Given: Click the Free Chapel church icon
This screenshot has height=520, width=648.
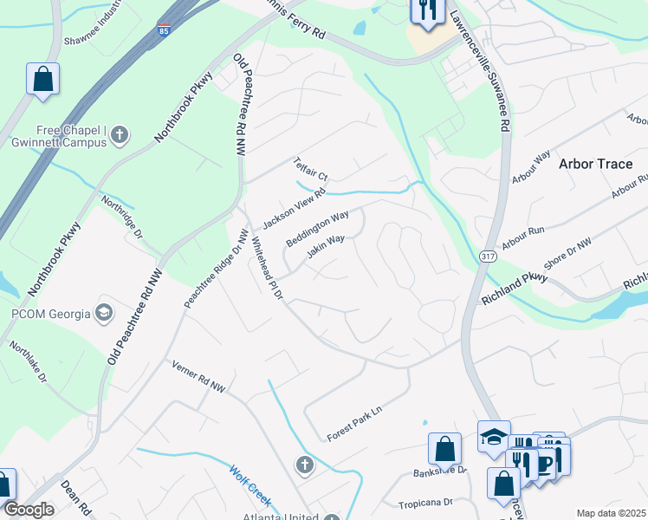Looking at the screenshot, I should point(120,134).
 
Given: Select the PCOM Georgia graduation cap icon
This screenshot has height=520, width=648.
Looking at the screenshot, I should point(104,311).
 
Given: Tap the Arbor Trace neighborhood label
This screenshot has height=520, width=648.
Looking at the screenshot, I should point(596,163).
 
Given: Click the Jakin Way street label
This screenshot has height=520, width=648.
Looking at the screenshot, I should point(326,247).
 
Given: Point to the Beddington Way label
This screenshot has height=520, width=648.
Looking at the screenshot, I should point(318,225).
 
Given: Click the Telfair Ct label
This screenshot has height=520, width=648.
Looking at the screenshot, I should point(310,169).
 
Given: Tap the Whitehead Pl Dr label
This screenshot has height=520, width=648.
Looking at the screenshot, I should point(266,269).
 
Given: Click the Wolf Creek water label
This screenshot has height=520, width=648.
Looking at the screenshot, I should point(250,486).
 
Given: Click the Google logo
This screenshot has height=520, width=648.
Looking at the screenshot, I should point(29,510).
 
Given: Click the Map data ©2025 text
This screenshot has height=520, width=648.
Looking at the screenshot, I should point(611,513).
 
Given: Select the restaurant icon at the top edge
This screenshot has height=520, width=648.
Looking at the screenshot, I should point(424,10).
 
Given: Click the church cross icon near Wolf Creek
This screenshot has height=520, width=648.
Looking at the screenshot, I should point(304,466).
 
